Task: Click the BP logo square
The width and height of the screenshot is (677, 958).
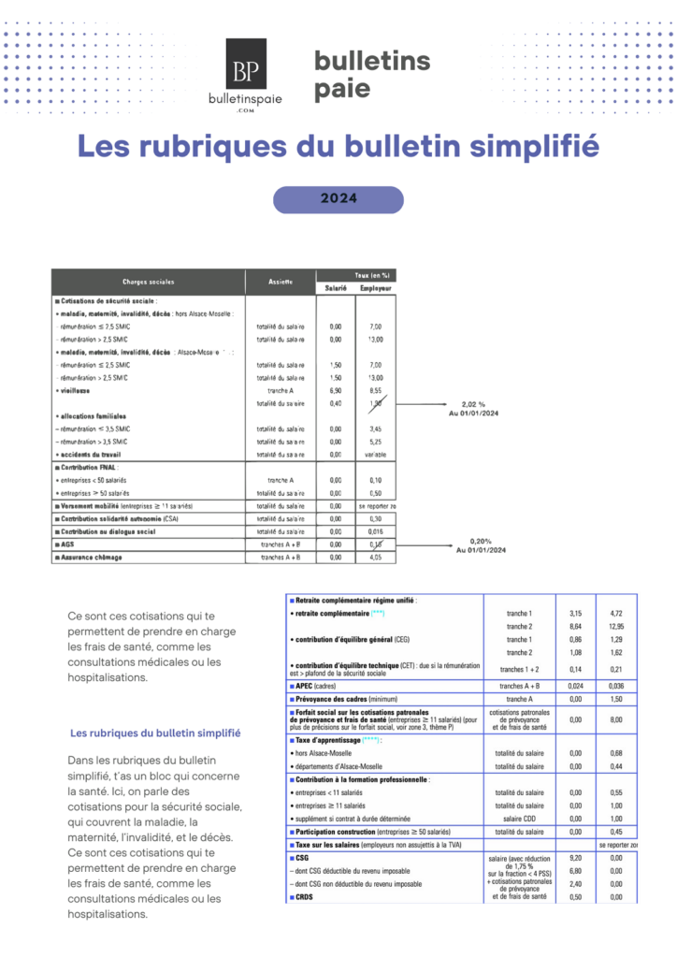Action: coord(246,64)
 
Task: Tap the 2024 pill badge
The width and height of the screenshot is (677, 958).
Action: coord(338,199)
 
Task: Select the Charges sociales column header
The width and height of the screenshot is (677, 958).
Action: coord(148,282)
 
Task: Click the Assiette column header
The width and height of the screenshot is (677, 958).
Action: coord(281,282)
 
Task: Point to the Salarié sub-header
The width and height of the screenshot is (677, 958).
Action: coord(336,288)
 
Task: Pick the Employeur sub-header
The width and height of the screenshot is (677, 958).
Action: coord(376,288)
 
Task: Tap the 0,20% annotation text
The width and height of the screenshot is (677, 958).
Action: coord(481,542)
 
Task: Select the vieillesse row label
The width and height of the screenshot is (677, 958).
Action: coord(75,389)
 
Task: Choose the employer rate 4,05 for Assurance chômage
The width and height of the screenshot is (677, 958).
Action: coord(376,557)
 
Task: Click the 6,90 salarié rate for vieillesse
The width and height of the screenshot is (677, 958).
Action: coord(336,389)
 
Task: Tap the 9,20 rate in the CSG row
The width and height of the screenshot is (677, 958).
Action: coord(576,857)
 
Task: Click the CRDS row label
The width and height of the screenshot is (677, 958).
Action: coord(305,897)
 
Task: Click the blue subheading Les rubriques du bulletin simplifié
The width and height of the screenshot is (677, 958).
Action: coord(155,733)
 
